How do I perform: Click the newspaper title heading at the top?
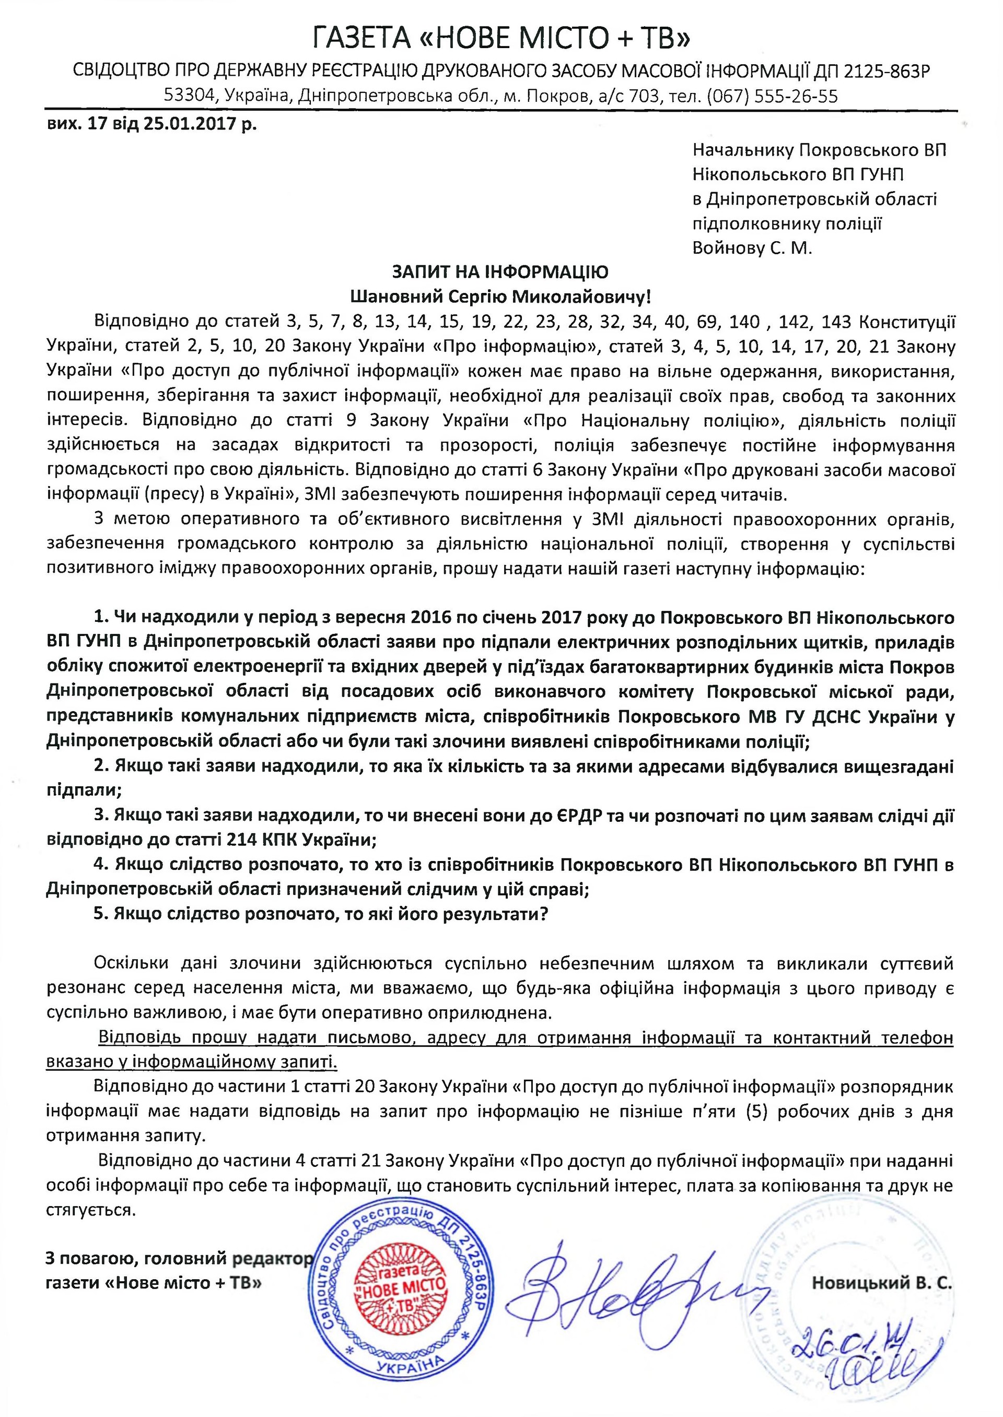[501, 38]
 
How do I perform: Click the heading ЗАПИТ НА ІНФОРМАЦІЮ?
[501, 272]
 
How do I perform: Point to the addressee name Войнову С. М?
[752, 248]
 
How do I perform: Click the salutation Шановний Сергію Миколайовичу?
[501, 297]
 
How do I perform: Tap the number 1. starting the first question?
[101, 618]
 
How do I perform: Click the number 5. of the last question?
[101, 914]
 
